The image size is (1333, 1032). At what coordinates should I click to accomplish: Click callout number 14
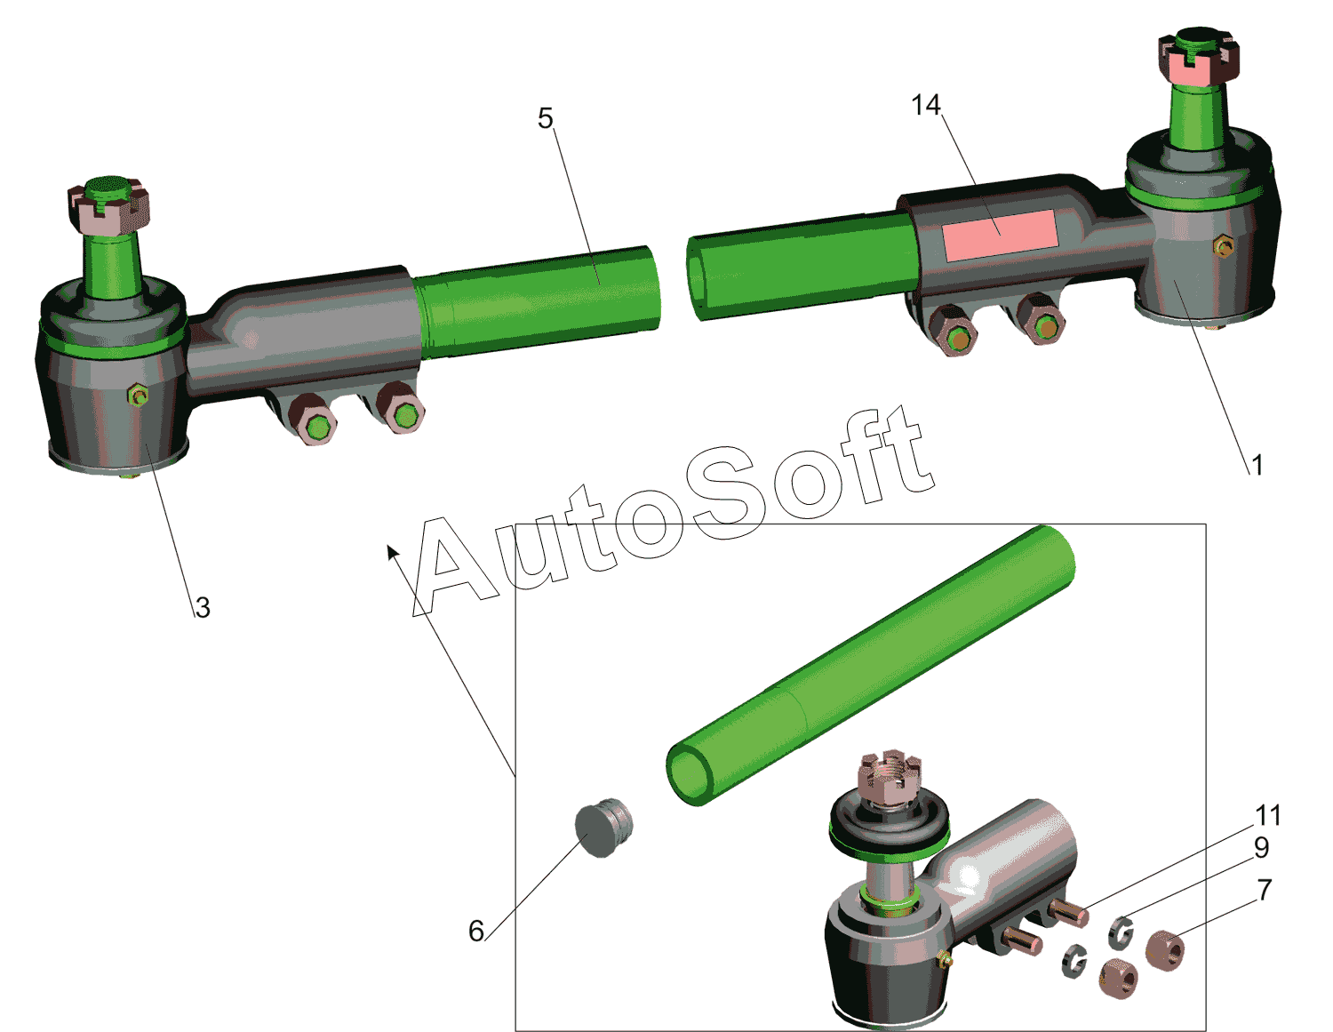click(x=926, y=105)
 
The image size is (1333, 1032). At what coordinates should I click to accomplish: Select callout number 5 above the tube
click(x=546, y=118)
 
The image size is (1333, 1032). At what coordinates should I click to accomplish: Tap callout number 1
click(x=1257, y=465)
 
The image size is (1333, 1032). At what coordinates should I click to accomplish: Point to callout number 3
click(x=203, y=607)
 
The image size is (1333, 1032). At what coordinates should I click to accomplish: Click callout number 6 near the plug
click(x=476, y=931)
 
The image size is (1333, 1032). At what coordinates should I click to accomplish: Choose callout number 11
click(x=1268, y=815)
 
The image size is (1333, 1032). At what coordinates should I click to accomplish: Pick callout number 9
click(x=1261, y=847)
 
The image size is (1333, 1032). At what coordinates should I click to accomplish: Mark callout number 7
click(x=1265, y=891)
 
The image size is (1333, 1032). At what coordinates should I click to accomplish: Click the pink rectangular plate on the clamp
click(x=999, y=235)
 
